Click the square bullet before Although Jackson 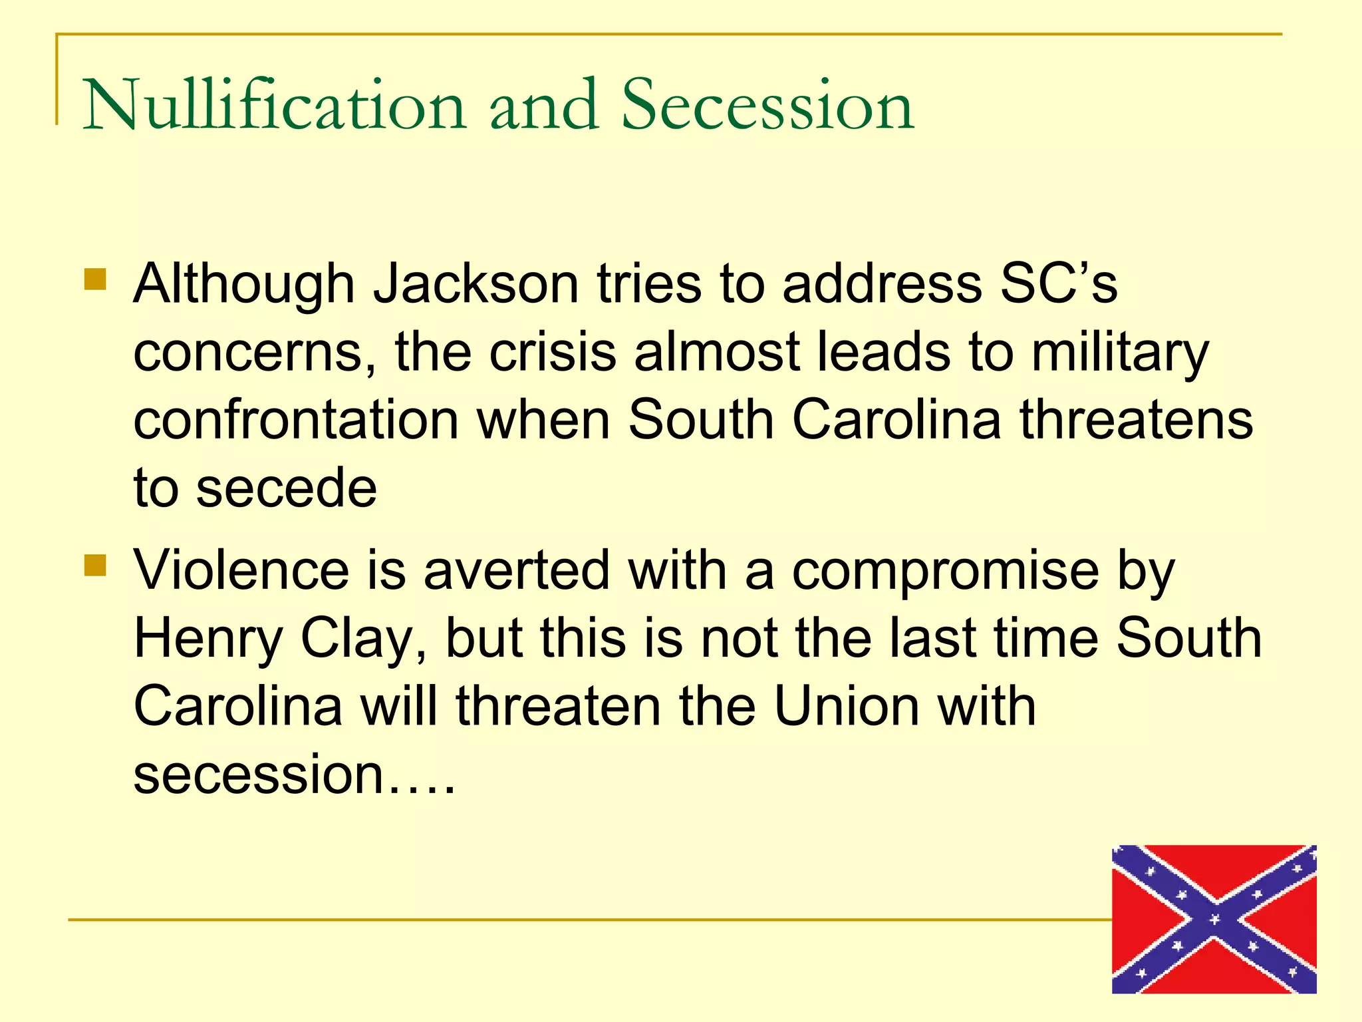tap(96, 279)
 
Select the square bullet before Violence tap(96, 566)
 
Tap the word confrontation tap(297, 421)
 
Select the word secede tap(287, 489)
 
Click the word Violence tap(241, 571)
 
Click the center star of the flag tap(1214, 920)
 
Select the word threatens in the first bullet tap(1137, 421)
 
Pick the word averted tap(517, 571)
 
